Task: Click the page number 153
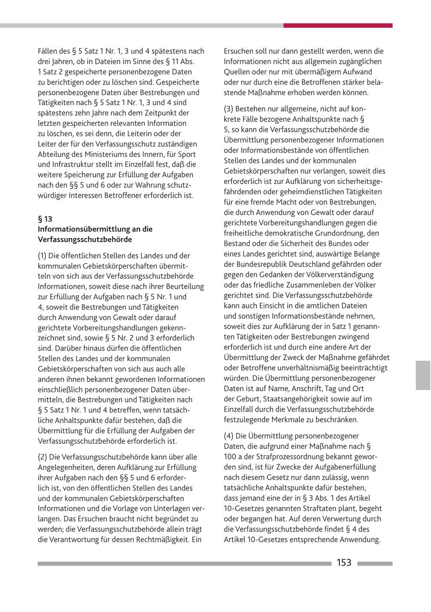point(344,563)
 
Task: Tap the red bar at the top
point(338,25)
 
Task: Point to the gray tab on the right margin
point(423,375)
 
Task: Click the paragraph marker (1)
point(43,255)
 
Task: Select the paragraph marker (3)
point(229,109)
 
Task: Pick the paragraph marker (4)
point(229,435)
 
